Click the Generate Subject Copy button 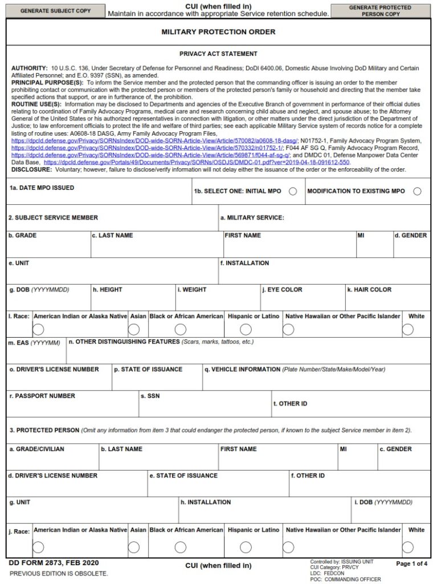point(55,11)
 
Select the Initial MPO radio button point(293,192)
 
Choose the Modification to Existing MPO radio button point(417,192)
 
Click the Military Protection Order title point(218,32)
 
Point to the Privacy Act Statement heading point(218,54)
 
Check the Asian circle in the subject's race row point(134,329)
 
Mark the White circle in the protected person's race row point(408,547)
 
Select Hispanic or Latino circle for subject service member point(246,329)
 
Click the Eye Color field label point(282,290)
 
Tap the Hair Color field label point(369,290)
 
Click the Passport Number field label point(42,396)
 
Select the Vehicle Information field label point(242,370)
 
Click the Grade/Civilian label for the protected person point(36,449)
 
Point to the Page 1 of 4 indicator point(411,563)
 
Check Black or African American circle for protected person point(181,547)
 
